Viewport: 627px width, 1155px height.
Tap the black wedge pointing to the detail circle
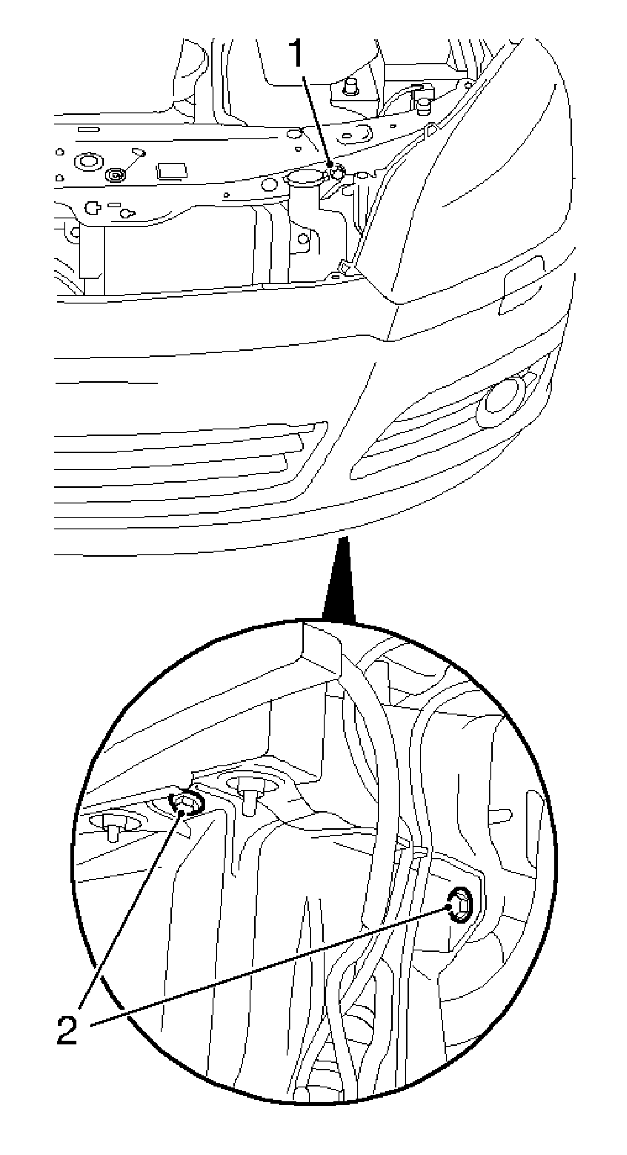[340, 579]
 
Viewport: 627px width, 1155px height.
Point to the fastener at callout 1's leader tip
[336, 173]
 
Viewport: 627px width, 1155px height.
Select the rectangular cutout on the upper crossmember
[172, 171]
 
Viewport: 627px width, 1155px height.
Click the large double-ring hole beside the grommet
[88, 161]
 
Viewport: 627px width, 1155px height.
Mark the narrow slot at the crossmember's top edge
[88, 130]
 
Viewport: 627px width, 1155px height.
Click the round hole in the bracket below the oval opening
[303, 239]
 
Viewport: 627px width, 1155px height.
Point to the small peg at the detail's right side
[500, 815]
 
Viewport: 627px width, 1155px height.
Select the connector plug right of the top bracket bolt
[422, 98]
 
